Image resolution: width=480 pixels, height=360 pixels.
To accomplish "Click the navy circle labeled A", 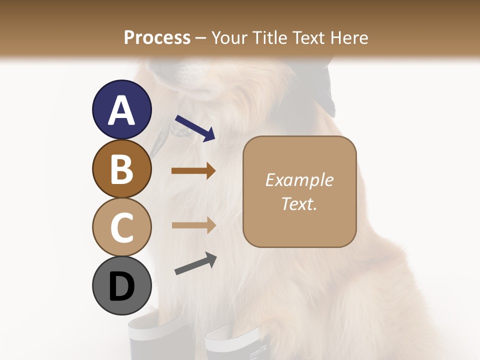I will [121, 109].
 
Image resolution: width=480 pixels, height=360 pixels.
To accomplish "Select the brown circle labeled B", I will [121, 168].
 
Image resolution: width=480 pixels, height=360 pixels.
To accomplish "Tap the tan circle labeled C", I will [121, 227].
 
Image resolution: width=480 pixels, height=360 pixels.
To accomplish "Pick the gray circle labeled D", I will [121, 286].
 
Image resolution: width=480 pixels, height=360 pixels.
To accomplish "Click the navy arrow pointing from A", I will [195, 128].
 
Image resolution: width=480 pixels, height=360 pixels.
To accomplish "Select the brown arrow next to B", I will [193, 171].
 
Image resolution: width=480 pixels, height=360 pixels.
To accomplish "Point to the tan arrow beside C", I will [193, 225].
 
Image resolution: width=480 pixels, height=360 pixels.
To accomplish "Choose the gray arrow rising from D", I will [195, 264].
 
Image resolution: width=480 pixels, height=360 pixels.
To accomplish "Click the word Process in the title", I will [157, 37].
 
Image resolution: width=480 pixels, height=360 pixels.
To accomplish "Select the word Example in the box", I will [299, 180].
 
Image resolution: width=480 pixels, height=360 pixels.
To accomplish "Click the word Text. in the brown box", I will [299, 203].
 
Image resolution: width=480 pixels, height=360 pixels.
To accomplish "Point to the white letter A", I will [121, 110].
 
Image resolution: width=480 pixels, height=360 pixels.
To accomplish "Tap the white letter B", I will [121, 169].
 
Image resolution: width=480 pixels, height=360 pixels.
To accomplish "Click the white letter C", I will [121, 227].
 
